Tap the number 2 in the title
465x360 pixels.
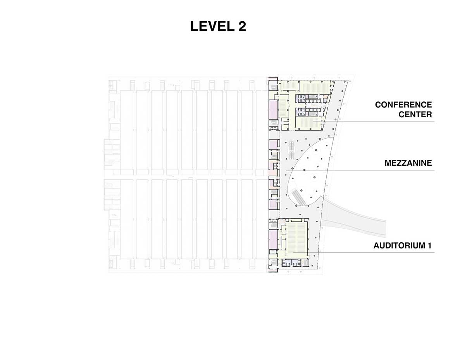(x=241, y=26)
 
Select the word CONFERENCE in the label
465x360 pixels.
(x=403, y=105)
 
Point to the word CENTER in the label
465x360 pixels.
(x=415, y=114)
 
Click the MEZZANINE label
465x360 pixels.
(x=408, y=163)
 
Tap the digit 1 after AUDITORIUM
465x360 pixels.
(x=429, y=246)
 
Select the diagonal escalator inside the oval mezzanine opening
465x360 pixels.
(x=298, y=196)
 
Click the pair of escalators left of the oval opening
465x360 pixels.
(x=291, y=149)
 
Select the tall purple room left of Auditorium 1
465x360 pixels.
(x=273, y=238)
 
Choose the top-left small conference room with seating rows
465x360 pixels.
(x=289, y=86)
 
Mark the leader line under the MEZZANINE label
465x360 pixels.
(x=360, y=171)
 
